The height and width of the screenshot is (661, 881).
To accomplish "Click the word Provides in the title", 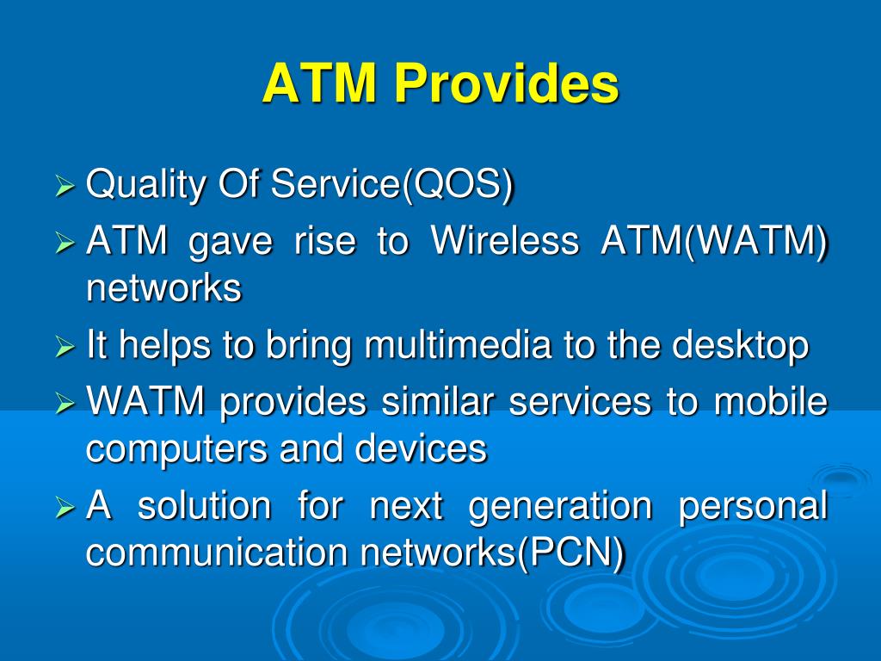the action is point(506,83).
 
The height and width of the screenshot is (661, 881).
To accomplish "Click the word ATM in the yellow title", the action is point(318,83).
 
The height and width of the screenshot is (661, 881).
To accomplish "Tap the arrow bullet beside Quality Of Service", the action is point(65,186).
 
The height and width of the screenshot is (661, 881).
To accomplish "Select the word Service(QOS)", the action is point(392,184).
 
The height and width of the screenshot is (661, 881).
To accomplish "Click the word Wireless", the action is point(504,241).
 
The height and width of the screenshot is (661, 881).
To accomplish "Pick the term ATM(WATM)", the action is point(714,242).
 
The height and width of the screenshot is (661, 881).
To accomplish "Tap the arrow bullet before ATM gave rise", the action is point(65,243).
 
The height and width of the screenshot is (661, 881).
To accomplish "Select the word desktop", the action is point(740,345).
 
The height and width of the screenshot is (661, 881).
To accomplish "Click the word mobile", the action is point(771,401).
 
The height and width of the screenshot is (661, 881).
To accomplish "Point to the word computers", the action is point(176,449).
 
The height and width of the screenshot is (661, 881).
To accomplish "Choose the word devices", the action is point(421,448).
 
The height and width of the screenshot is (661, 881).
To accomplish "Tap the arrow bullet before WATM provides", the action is point(65,403).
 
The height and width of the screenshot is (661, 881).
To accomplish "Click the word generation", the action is point(560,506).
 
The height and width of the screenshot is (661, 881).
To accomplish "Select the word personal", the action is point(754,506).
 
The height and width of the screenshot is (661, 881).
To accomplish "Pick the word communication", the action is point(216,552).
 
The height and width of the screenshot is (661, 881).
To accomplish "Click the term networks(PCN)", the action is point(492,553).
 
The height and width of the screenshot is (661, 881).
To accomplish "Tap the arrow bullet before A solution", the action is point(65,508).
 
